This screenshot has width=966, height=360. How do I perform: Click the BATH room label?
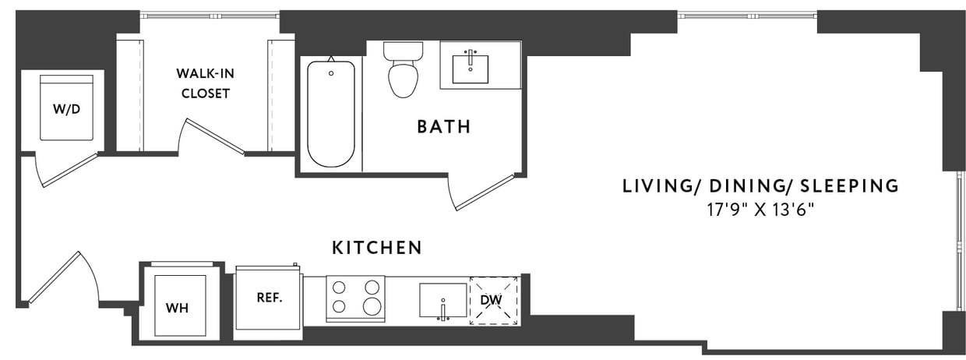pos(443,126)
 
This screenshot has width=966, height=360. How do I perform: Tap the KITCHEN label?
pos(377,248)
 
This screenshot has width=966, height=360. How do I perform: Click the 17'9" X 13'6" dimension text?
pos(760,209)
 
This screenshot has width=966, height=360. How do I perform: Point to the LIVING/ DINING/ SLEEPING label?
pos(760,186)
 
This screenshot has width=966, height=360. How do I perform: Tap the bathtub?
pos(331,114)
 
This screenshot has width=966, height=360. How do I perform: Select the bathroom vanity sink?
pos(471,68)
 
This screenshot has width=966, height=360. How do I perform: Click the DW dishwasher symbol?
pos(494,300)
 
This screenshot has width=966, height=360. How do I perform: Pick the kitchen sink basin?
pos(442,300)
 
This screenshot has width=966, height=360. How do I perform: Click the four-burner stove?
pos(355,298)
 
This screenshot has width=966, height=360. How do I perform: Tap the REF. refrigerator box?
pos(269,298)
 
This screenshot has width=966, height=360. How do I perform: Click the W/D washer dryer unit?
pos(66,108)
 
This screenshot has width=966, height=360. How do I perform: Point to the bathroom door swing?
pos(483,192)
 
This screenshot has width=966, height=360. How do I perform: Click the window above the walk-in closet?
pos(209,14)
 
